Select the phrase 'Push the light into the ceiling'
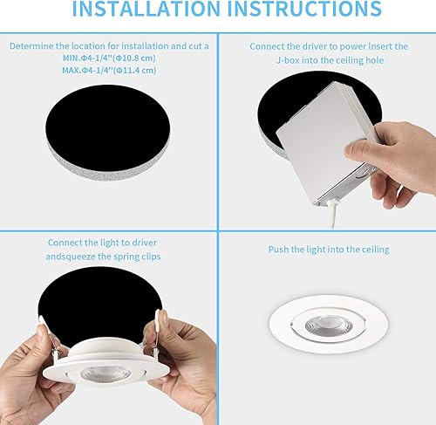(x=329, y=250)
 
